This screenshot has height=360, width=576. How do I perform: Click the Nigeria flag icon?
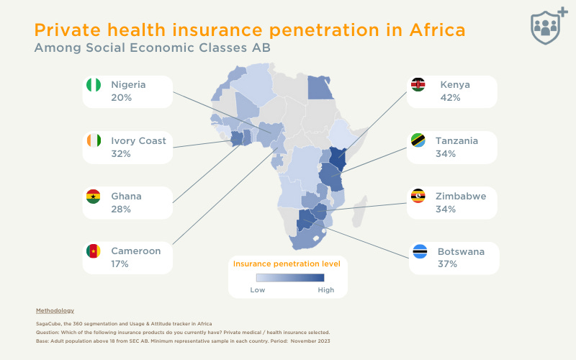pos(93,85)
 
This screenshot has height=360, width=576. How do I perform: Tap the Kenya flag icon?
pos(418,85)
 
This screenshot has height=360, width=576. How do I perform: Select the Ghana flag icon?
pos(93,196)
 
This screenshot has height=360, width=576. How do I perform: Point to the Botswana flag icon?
pos(420,252)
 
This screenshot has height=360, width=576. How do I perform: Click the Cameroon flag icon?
pos(93,251)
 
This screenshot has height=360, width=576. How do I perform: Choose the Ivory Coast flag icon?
pos(93,140)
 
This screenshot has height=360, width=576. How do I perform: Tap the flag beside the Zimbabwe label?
pos(418,196)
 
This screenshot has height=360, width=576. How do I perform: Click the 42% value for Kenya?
pos(450,97)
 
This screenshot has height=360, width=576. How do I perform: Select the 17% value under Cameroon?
pos(120,264)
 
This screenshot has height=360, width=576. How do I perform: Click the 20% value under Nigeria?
pos(121,97)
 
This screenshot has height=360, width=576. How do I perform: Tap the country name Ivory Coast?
pos(138,140)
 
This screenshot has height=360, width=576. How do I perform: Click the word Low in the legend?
pos(258,289)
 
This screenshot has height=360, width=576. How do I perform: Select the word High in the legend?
pos(325,289)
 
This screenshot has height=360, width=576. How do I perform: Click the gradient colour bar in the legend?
pos(291,277)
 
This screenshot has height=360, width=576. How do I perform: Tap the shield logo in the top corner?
pos(549,27)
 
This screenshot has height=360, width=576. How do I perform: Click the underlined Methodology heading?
pos(55,310)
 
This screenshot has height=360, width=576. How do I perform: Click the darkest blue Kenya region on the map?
pos(338,158)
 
